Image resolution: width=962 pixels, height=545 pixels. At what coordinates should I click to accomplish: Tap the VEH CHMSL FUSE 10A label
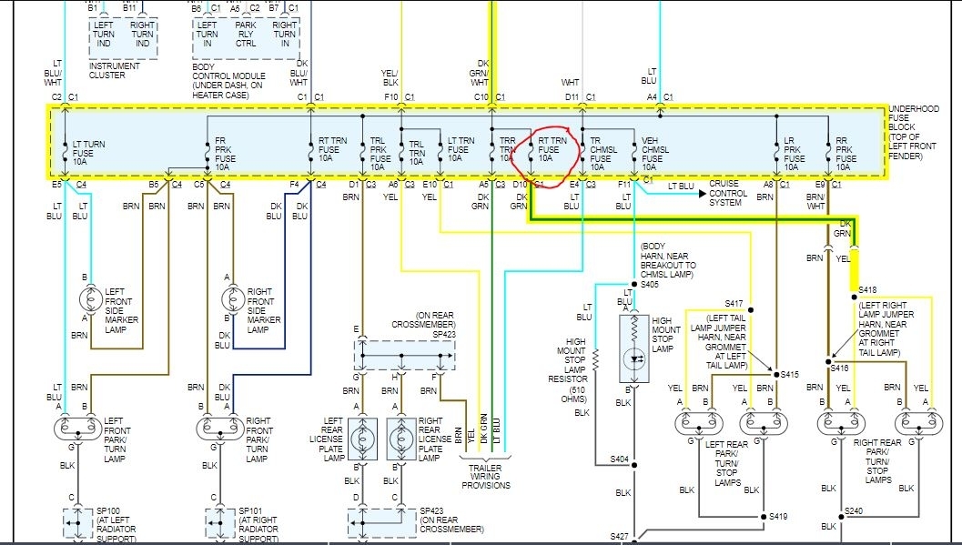[x=657, y=153]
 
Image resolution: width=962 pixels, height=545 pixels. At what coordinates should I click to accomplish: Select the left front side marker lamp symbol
[x=91, y=299]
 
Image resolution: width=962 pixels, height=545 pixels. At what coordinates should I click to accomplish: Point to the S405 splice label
[x=649, y=285]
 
